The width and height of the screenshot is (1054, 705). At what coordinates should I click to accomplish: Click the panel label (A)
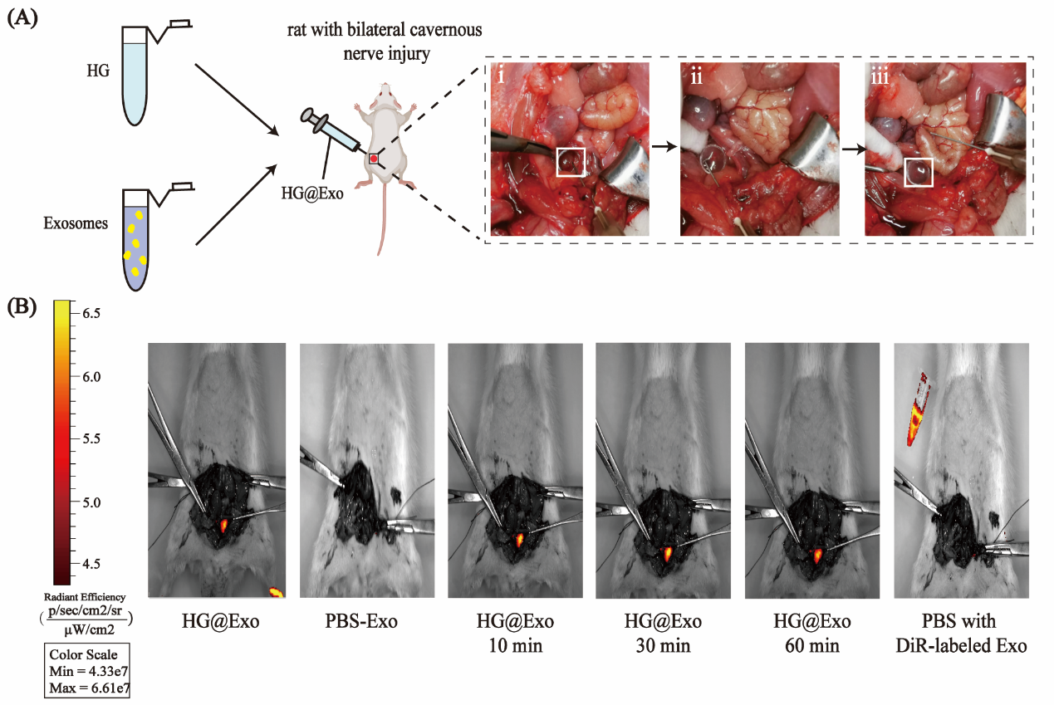(x=22, y=18)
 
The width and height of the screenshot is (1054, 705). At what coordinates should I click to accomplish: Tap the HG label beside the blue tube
(x=98, y=71)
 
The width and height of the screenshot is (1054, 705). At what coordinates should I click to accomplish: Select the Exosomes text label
(x=76, y=223)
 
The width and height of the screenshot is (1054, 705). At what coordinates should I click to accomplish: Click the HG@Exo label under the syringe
(x=312, y=193)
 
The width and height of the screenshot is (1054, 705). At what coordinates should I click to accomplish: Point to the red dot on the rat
(x=374, y=159)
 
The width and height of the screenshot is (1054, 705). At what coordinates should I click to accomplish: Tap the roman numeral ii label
(x=696, y=76)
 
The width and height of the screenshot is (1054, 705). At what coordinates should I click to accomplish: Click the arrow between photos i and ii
(x=664, y=147)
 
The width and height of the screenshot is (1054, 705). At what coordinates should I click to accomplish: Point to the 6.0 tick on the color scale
(x=91, y=377)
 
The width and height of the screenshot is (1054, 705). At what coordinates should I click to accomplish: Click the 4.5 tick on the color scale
(x=91, y=564)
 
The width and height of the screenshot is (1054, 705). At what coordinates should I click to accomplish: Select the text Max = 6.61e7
(x=89, y=688)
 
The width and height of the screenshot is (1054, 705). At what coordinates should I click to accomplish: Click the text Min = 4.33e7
(x=89, y=671)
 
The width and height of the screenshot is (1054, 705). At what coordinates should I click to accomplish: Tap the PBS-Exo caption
(x=361, y=621)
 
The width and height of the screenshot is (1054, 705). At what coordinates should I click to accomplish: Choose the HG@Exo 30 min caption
(x=663, y=634)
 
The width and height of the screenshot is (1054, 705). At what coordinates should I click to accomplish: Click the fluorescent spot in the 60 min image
(x=818, y=556)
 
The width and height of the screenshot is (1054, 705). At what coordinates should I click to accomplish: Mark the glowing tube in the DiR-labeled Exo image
(x=918, y=409)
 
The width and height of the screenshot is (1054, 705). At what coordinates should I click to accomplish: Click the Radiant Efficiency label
(x=85, y=597)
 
